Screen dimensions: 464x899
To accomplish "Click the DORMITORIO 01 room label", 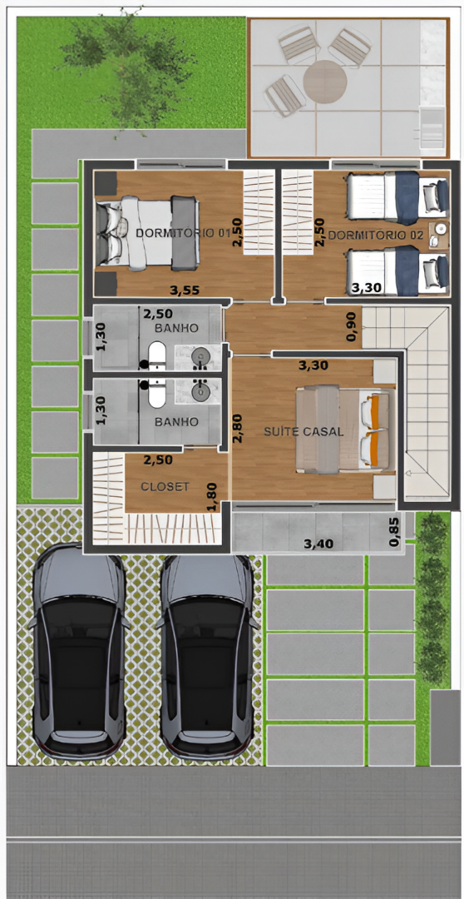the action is point(183,233).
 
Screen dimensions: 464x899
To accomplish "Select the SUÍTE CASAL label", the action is point(304,432).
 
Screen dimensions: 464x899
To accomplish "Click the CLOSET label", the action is point(165,486).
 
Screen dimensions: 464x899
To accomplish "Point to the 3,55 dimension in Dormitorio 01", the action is point(185,291).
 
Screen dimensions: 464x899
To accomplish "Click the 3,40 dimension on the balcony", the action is point(318,543).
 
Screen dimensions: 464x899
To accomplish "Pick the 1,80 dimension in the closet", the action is point(213,496).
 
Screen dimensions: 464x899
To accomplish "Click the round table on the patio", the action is point(325,82).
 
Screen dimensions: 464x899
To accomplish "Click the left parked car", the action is point(78,651).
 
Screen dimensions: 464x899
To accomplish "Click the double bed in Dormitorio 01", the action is point(148,232).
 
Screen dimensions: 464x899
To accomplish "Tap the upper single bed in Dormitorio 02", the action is point(397,197).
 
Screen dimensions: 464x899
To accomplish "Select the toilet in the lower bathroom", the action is point(156,390).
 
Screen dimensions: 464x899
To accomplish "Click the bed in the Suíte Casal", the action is point(345,429).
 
